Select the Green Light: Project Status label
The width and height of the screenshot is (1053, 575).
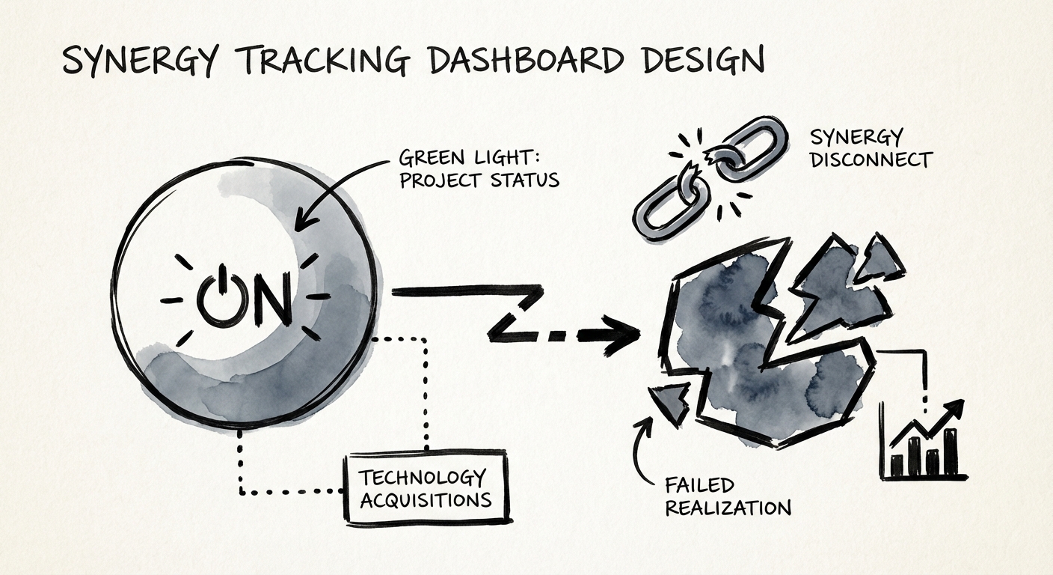(x=479, y=169)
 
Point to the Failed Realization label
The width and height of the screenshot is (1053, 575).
(x=727, y=496)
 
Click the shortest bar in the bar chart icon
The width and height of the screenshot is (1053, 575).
(x=896, y=466)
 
